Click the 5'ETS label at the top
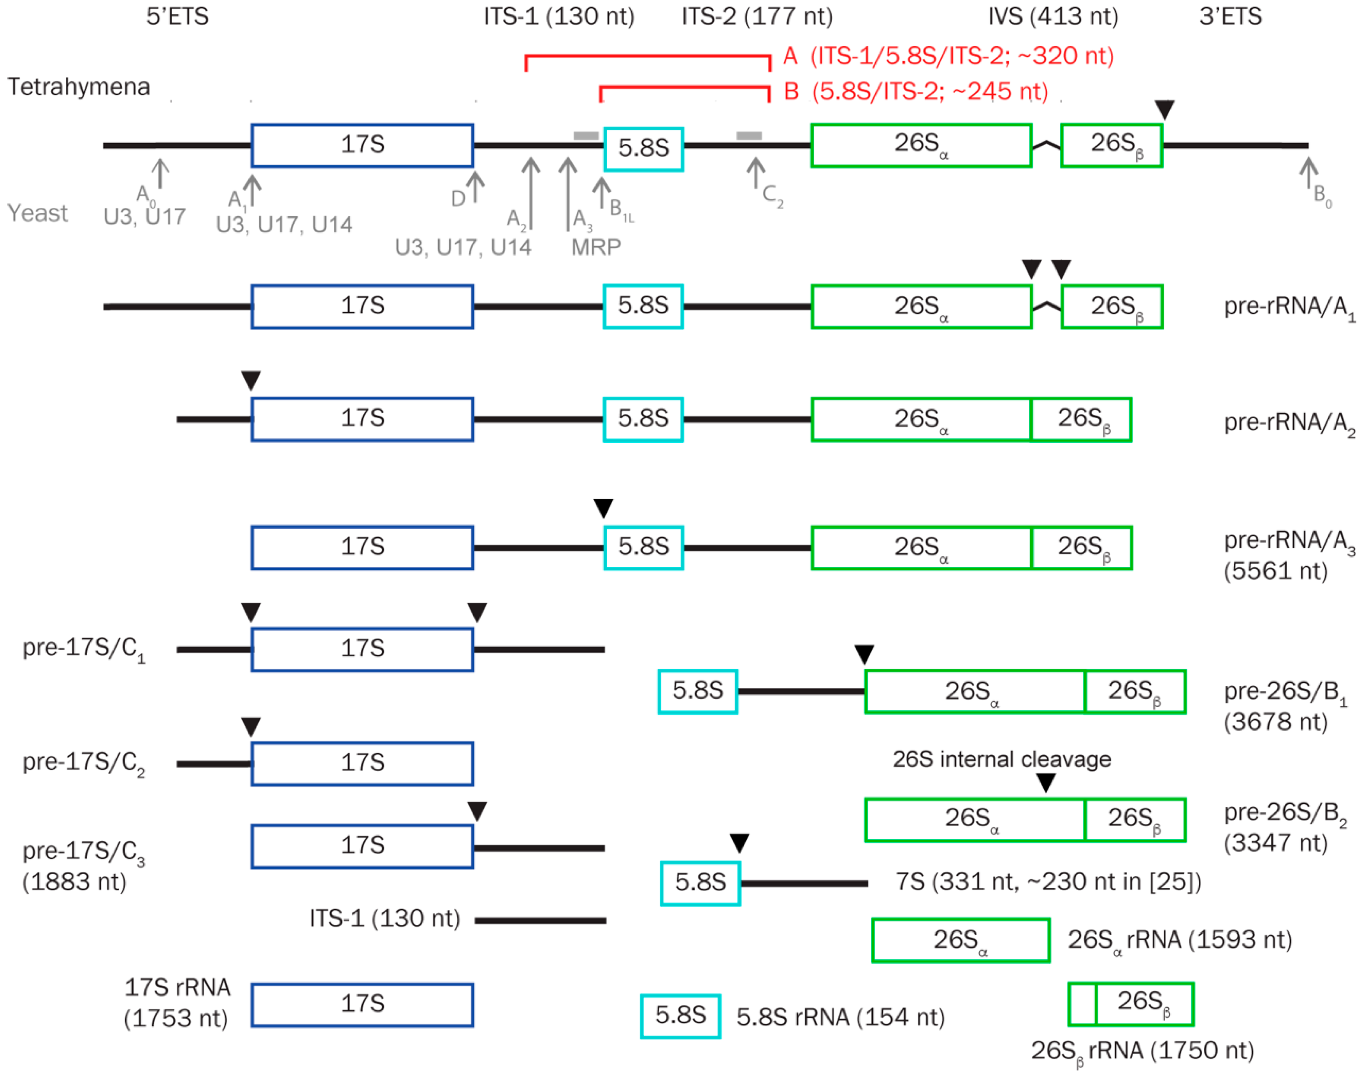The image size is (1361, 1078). click(177, 16)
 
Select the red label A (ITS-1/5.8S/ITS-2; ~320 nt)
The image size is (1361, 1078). click(948, 56)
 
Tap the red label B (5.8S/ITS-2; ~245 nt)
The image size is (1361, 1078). click(916, 91)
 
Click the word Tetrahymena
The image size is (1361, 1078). click(79, 86)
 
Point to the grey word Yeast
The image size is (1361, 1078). click(37, 213)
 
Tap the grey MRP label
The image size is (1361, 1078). click(596, 247)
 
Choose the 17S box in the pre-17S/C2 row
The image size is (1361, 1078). click(362, 763)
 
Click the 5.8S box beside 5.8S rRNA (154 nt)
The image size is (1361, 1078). click(680, 1015)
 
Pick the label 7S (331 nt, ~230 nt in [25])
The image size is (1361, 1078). click(1048, 881)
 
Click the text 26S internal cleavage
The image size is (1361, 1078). click(1002, 759)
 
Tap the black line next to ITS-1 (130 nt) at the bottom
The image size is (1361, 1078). click(540, 920)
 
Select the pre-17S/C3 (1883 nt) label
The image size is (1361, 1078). click(83, 865)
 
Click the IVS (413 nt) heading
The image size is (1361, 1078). click(1053, 16)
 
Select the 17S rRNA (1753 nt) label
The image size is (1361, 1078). click(177, 1002)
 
